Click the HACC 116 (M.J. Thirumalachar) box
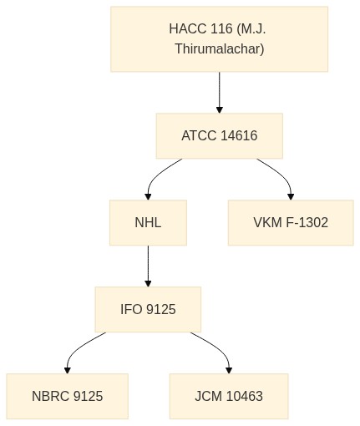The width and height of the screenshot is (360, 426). point(219,39)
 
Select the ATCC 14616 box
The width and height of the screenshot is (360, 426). point(220,136)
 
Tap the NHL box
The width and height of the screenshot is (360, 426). point(148,223)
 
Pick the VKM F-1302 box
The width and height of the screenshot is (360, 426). point(291,223)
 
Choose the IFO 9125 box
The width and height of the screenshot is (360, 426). point(148,310)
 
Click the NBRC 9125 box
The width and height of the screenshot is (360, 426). point(68,396)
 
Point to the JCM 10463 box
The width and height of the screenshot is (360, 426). point(229,396)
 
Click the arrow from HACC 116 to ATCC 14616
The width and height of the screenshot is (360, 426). point(220,93)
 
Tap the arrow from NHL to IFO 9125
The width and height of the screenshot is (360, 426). point(148,266)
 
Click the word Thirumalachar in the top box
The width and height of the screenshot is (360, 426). point(220,49)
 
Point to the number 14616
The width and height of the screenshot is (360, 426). point(239,136)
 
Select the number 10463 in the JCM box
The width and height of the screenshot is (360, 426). point(245,396)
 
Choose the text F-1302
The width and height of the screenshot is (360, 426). point(307,223)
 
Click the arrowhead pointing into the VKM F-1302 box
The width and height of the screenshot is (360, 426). point(291,196)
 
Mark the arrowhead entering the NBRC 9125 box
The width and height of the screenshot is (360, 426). point(68,370)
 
